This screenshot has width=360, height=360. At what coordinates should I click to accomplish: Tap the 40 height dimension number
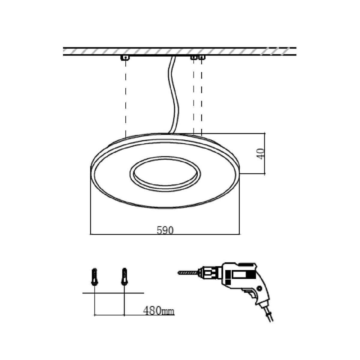coord(261,154)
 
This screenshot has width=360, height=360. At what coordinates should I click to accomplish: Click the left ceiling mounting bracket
coord(126,58)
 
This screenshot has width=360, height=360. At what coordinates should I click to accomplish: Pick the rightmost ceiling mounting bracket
coord(201,58)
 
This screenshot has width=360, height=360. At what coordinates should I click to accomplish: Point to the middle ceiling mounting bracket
coord(193,58)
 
